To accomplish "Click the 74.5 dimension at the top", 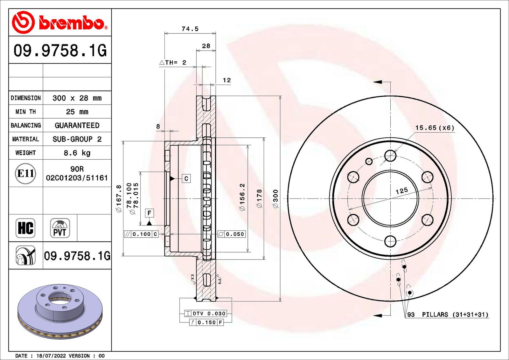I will tap(190, 29).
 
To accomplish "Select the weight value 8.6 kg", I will tap(77, 153).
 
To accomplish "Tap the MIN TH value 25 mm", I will tap(77, 112).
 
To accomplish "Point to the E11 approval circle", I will tap(25, 174).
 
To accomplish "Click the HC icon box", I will tap(25, 228).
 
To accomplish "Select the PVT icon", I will tap(60, 228).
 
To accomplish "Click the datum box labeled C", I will tap(186, 179).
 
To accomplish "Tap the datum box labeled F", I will tap(149, 213).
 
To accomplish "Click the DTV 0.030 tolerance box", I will tap(206, 314).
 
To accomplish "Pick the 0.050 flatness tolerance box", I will tap(232, 234).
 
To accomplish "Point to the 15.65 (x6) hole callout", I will tap(435, 128).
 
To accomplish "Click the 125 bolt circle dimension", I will tap(401, 191).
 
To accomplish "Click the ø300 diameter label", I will tap(275, 199).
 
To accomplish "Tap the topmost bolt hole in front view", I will tap(390, 156).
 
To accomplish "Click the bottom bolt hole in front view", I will tap(390, 241).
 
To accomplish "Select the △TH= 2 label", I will tap(173, 63).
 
